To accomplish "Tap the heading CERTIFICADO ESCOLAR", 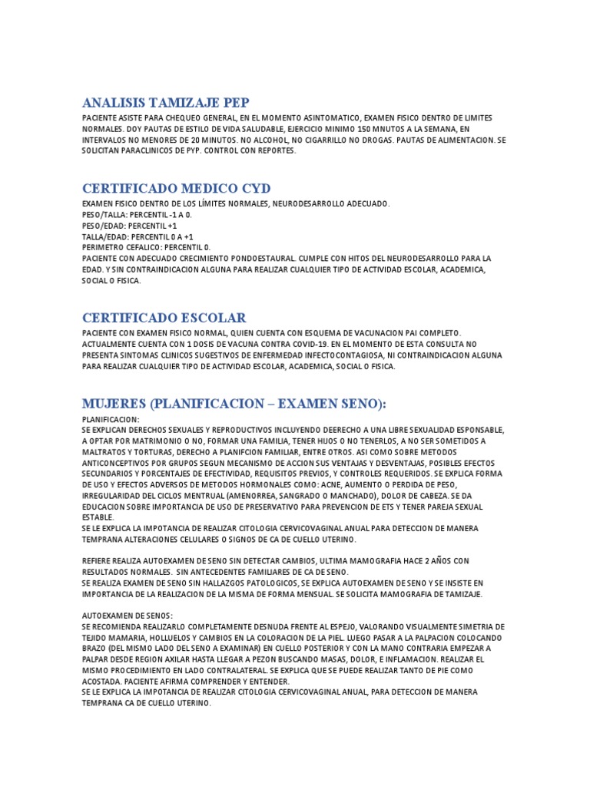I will click(x=164, y=317).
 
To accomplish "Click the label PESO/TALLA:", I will click(x=105, y=214).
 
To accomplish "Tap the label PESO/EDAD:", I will click(x=104, y=226).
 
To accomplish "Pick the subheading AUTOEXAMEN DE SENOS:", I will click(x=128, y=616).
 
